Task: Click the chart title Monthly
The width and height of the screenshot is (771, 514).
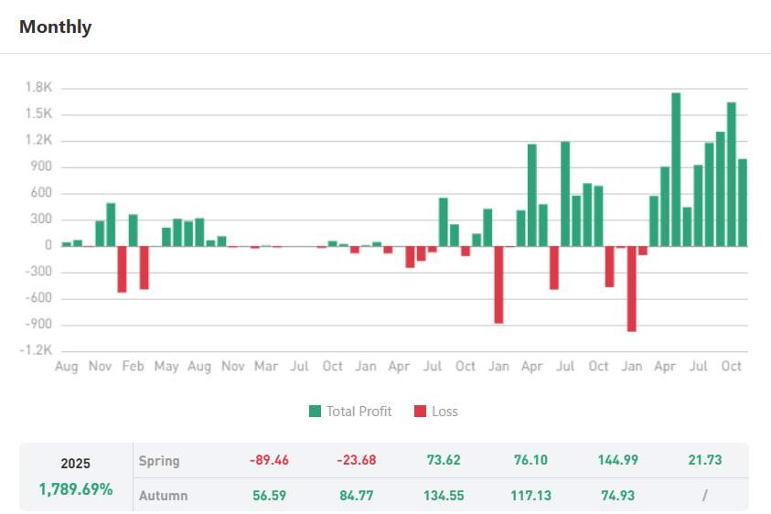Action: click(55, 27)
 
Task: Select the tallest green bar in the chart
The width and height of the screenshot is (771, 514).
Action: click(676, 169)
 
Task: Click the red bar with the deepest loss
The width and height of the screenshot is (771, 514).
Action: click(631, 288)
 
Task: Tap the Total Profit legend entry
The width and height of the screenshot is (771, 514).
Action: click(350, 412)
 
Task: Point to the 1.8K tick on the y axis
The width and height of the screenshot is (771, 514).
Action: click(39, 88)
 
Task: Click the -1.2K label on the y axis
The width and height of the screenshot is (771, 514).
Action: click(37, 351)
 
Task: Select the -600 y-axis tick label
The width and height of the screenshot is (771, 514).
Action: click(39, 298)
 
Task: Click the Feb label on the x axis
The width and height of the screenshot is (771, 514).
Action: click(133, 367)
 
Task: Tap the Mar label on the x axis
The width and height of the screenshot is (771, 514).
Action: click(265, 367)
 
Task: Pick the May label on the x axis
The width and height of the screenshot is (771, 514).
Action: click(166, 367)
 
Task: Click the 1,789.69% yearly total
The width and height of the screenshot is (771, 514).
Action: click(76, 489)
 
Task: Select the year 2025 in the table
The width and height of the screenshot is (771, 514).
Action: click(76, 464)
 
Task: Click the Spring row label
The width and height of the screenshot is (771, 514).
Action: click(159, 461)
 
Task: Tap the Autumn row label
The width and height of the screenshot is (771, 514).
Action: click(163, 496)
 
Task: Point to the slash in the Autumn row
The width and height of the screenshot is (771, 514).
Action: click(704, 496)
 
